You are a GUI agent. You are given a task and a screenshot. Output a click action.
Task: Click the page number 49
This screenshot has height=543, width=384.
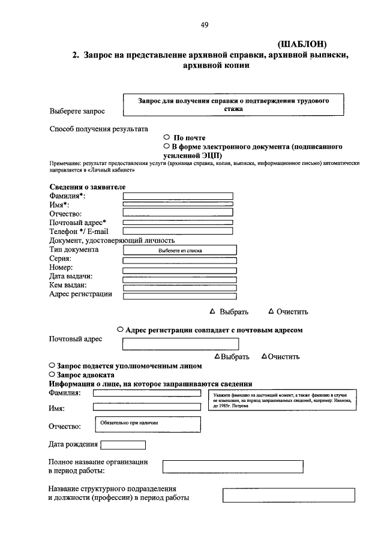coord(204,25)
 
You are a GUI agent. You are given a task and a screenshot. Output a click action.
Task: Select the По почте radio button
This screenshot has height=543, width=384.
coord(166,137)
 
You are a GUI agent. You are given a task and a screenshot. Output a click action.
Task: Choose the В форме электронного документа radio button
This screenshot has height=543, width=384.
coord(166,146)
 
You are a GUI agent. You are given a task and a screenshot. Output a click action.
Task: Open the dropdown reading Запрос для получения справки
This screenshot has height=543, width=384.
coord(233,105)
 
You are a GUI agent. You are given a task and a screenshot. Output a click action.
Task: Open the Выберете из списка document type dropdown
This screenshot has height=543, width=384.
coord(179,250)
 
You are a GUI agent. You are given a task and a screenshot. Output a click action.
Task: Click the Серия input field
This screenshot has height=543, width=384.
coord(179,260)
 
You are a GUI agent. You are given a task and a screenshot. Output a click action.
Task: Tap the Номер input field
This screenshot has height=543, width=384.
coord(179,269)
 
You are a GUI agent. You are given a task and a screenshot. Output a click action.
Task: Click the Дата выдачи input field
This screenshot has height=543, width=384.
coord(179,278)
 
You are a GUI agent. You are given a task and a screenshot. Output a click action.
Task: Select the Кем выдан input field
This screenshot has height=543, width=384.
coord(179,287)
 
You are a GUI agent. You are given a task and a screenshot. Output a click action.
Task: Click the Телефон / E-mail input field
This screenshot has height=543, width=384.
coord(178,230)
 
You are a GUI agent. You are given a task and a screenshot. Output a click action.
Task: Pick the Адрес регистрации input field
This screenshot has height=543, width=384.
coord(179,296)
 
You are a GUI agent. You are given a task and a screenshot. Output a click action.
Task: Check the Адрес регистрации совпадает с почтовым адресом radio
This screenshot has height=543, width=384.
coord(121,329)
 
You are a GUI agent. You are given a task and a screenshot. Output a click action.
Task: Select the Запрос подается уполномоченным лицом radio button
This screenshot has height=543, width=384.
coord(52,365)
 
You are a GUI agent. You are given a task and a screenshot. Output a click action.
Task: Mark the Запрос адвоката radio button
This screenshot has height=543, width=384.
coord(52,374)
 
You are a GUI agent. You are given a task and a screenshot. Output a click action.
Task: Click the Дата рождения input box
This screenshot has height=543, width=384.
coord(123,445)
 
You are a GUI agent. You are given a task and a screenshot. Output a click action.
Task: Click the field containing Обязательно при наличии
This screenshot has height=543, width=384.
coord(147,424)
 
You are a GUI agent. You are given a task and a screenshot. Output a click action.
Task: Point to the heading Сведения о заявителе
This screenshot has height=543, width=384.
coord(87,187)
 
